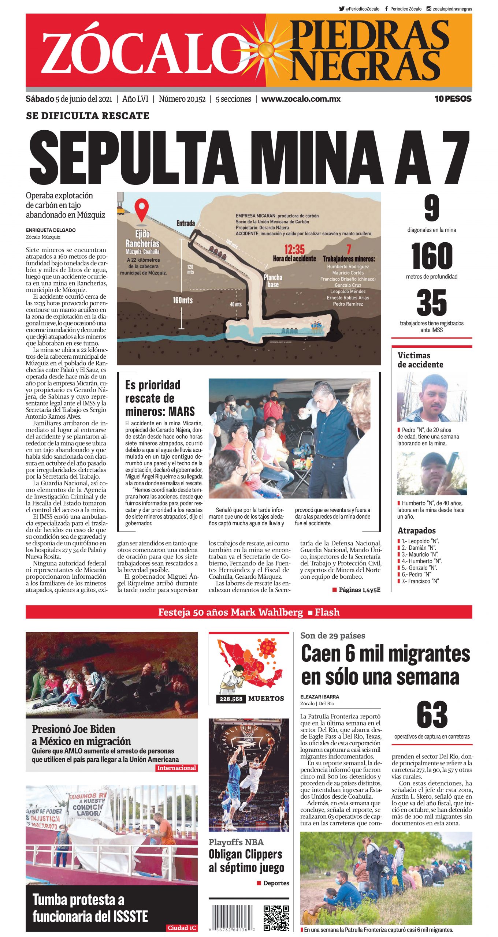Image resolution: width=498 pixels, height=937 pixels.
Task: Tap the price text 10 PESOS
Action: coord(453,99)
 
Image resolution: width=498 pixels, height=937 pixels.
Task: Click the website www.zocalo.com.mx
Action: coord(301,99)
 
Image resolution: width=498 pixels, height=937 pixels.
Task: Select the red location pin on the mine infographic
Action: coord(141,209)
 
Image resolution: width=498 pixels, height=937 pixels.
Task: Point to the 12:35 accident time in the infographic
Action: coord(294,250)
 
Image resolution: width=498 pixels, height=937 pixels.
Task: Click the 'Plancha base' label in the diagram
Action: coord(273,281)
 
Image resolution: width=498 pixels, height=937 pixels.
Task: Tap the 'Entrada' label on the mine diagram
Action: coord(186,223)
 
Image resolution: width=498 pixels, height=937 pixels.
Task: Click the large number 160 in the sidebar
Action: coord(432,256)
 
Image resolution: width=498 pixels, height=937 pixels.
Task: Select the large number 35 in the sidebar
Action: coord(432,303)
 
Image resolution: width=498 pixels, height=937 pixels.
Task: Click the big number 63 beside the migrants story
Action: coord(432,715)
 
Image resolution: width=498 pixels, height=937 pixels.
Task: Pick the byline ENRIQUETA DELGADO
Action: coord(51,230)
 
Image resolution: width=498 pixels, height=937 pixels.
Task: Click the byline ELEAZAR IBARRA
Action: coord(320,697)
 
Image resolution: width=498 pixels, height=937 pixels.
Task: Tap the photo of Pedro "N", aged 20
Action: coord(432,397)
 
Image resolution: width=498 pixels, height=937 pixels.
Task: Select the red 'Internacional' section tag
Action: coord(176,768)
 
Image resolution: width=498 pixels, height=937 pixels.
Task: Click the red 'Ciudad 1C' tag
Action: coord(182,927)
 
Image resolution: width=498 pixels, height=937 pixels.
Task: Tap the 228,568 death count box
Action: coord(231,699)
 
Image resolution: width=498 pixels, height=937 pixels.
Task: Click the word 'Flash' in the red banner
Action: coord(327,612)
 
